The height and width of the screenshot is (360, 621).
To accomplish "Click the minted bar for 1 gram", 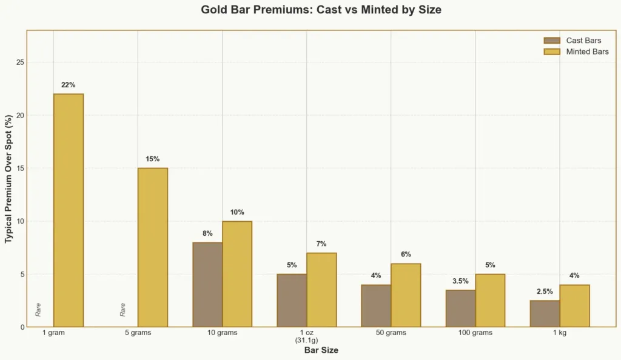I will tap(69, 210).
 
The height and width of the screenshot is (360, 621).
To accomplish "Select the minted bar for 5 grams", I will tap(153, 247).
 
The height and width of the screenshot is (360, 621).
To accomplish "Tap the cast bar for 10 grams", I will tap(207, 284).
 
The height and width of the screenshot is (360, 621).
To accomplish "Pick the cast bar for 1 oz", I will tap(292, 300).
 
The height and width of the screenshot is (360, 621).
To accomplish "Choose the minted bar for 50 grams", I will tap(406, 295).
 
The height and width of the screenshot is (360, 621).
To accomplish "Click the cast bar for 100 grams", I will tap(460, 308).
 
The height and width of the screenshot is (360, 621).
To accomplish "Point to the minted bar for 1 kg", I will tap(574, 305).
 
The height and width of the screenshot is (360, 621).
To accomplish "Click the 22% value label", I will tap(69, 85).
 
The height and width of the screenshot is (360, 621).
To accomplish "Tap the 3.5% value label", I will tap(460, 281).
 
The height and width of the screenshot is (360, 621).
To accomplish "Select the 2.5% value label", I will tap(545, 292).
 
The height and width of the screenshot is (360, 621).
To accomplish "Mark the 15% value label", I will tap(153, 159).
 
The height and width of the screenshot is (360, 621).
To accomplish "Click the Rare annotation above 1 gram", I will tap(38, 309).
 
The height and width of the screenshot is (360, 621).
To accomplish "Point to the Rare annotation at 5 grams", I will tap(123, 309).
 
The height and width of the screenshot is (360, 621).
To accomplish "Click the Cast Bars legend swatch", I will tap(552, 41).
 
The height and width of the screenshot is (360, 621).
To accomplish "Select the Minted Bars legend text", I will tap(587, 52).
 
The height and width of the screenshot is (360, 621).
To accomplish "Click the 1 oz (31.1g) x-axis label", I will tap(307, 336).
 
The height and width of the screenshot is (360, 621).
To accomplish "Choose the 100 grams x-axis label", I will tap(475, 333).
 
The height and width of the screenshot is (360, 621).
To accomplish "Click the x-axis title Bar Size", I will tap(321, 350).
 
